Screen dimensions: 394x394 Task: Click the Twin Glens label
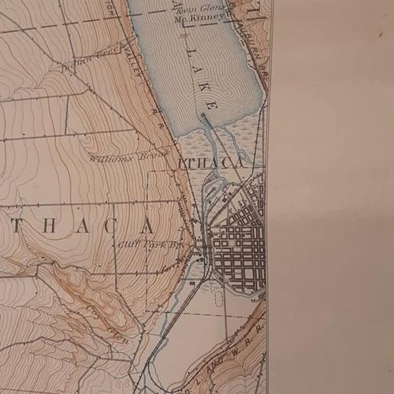(206, 8)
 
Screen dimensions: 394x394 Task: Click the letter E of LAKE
(210, 104)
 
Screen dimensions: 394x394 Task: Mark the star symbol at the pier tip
(203, 116)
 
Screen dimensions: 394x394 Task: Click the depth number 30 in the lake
(182, 35)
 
